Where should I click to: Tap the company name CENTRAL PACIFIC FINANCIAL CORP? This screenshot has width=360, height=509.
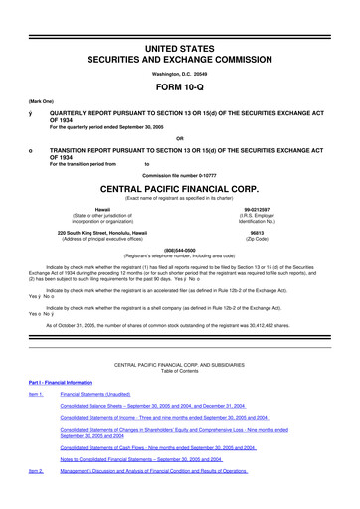point(179,186)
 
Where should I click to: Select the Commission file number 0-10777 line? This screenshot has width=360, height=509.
point(179,174)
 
